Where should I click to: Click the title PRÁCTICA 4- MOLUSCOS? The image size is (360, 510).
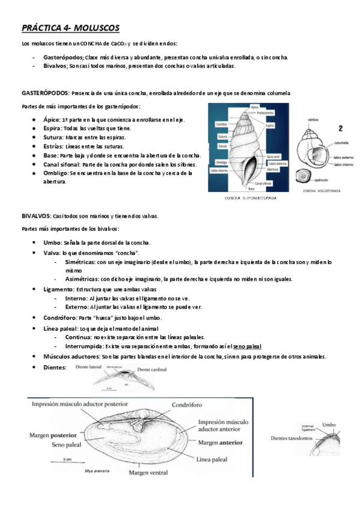point(70,28)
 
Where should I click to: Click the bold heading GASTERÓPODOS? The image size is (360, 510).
point(45,93)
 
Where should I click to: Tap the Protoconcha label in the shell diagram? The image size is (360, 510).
point(265,112)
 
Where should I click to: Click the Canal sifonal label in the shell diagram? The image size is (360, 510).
point(264,183)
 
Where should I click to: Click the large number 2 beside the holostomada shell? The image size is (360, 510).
point(340,128)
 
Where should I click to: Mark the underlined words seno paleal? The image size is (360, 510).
point(247,346)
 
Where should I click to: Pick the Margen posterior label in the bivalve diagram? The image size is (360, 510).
point(52,434)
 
